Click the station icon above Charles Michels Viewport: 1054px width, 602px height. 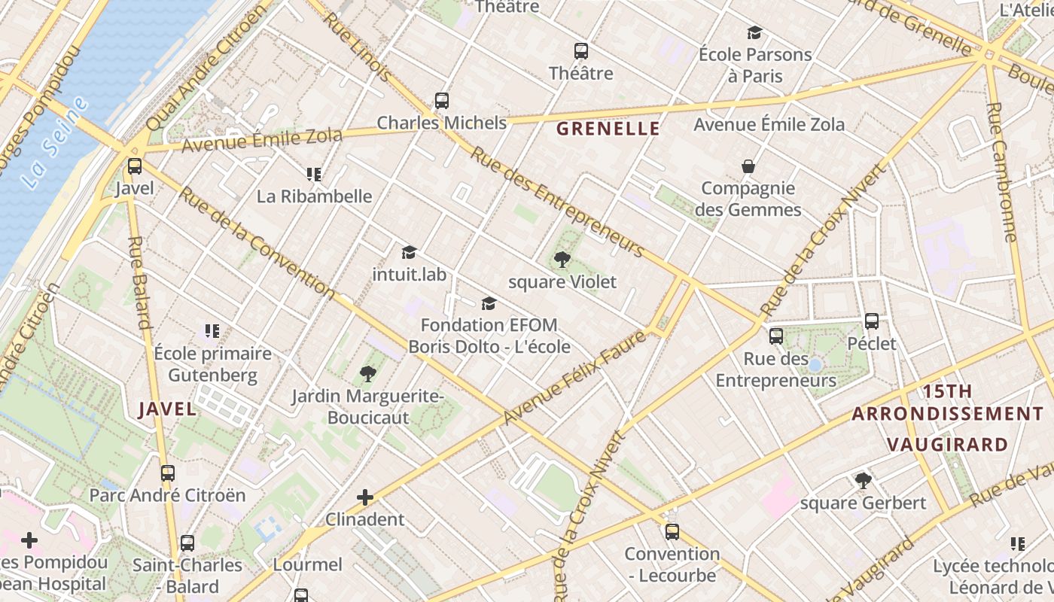pyautogui.click(x=442, y=101)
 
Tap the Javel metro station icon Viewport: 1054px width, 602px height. pyautogui.click(x=135, y=166)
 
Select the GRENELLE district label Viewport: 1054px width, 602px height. pyautogui.click(x=608, y=129)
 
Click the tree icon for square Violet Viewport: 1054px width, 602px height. pyautogui.click(x=562, y=260)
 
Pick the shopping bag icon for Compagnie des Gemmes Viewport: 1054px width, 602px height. pyautogui.click(x=748, y=166)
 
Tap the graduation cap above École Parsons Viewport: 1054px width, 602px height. pyautogui.click(x=754, y=33)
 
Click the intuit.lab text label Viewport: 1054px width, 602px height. pyautogui.click(x=409, y=275)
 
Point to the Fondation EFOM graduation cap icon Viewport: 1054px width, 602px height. pyautogui.click(x=489, y=303)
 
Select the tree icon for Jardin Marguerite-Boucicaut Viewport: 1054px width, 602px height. pyautogui.click(x=368, y=373)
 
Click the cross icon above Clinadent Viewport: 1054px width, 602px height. pyautogui.click(x=365, y=497)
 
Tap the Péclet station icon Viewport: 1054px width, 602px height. pyautogui.click(x=872, y=321)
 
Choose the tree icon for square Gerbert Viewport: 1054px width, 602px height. pyautogui.click(x=863, y=480)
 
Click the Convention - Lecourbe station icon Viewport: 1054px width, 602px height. pyautogui.click(x=672, y=532)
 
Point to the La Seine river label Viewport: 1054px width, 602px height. pyautogui.click(x=54, y=143)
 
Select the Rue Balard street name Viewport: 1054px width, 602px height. pyautogui.click(x=139, y=283)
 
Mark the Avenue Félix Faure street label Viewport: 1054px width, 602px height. pyautogui.click(x=574, y=378)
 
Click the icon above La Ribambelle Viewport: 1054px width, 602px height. pyautogui.click(x=314, y=175)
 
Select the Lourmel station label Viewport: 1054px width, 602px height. pyautogui.click(x=307, y=564)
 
